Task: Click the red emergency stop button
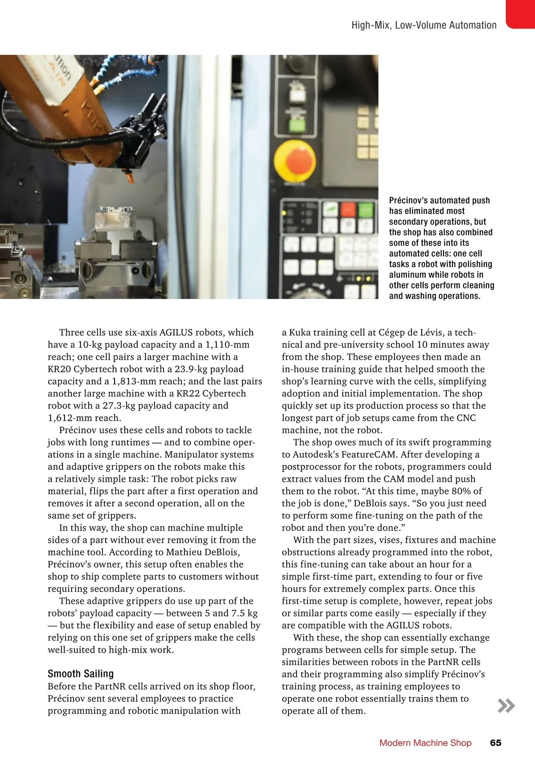[x=296, y=161]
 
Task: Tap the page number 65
[x=495, y=743]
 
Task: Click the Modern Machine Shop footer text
[x=425, y=743]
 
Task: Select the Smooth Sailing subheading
[x=81, y=674]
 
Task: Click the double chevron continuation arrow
[x=506, y=706]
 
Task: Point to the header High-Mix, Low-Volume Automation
[x=424, y=25]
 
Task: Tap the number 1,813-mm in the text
[x=137, y=381]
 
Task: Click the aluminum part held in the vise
[x=115, y=221]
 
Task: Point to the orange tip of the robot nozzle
[x=130, y=178]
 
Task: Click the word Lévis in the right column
[x=430, y=332]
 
